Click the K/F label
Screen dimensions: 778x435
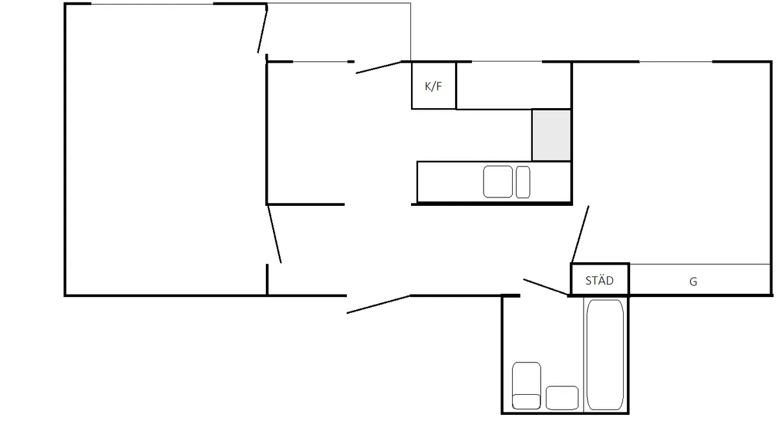tap(433, 86)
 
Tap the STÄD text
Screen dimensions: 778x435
tap(600, 281)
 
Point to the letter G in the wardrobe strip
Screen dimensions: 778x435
tap(693, 282)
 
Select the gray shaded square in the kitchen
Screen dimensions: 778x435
tap(552, 135)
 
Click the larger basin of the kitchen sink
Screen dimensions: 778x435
tap(498, 182)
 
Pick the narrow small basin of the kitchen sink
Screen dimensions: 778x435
tap(523, 182)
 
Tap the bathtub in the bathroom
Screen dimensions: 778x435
tap(605, 355)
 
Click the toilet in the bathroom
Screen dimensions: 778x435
tap(526, 386)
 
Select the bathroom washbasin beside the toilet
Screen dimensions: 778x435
tap(562, 398)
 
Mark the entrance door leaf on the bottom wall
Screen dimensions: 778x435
tap(379, 304)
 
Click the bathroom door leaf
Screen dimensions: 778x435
tap(546, 287)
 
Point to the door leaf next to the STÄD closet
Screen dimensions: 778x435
tap(580, 234)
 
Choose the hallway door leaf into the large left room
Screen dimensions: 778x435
tap(274, 234)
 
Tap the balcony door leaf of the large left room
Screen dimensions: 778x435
tap(262, 30)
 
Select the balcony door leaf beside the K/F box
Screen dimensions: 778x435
tap(379, 67)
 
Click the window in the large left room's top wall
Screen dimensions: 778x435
tap(152, 4)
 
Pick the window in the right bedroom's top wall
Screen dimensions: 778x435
tap(676, 61)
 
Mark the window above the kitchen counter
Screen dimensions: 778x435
tap(507, 61)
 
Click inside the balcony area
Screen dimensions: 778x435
tap(338, 32)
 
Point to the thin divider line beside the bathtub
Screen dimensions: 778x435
tap(583, 355)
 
